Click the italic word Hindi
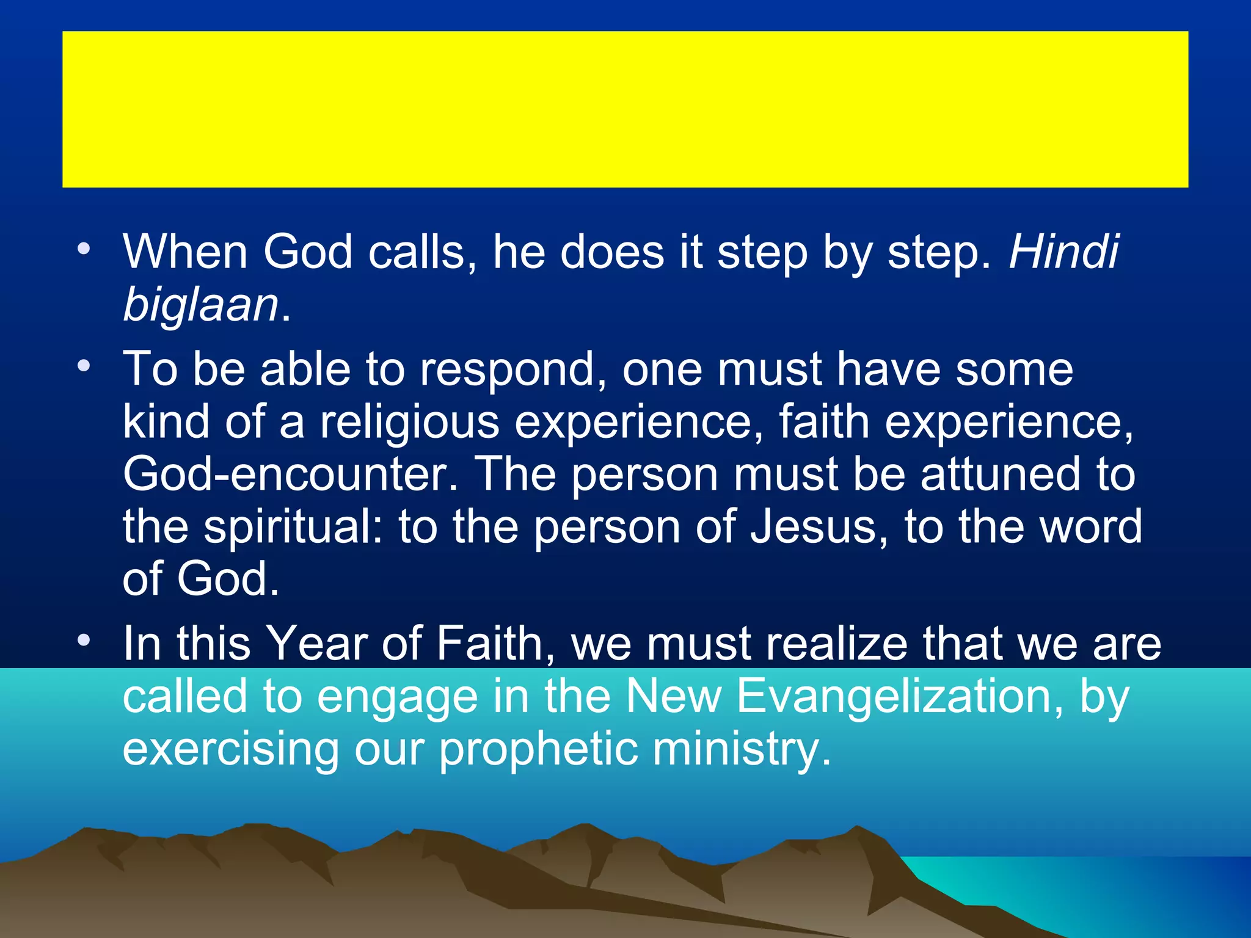(x=1063, y=252)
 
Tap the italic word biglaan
(x=201, y=305)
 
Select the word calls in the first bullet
(x=422, y=252)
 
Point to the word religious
(x=410, y=422)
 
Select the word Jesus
(x=819, y=526)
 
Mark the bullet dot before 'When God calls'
(x=84, y=249)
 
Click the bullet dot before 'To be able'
(x=84, y=366)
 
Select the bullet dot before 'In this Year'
(x=84, y=640)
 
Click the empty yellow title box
(x=625, y=109)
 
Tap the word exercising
(x=231, y=749)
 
